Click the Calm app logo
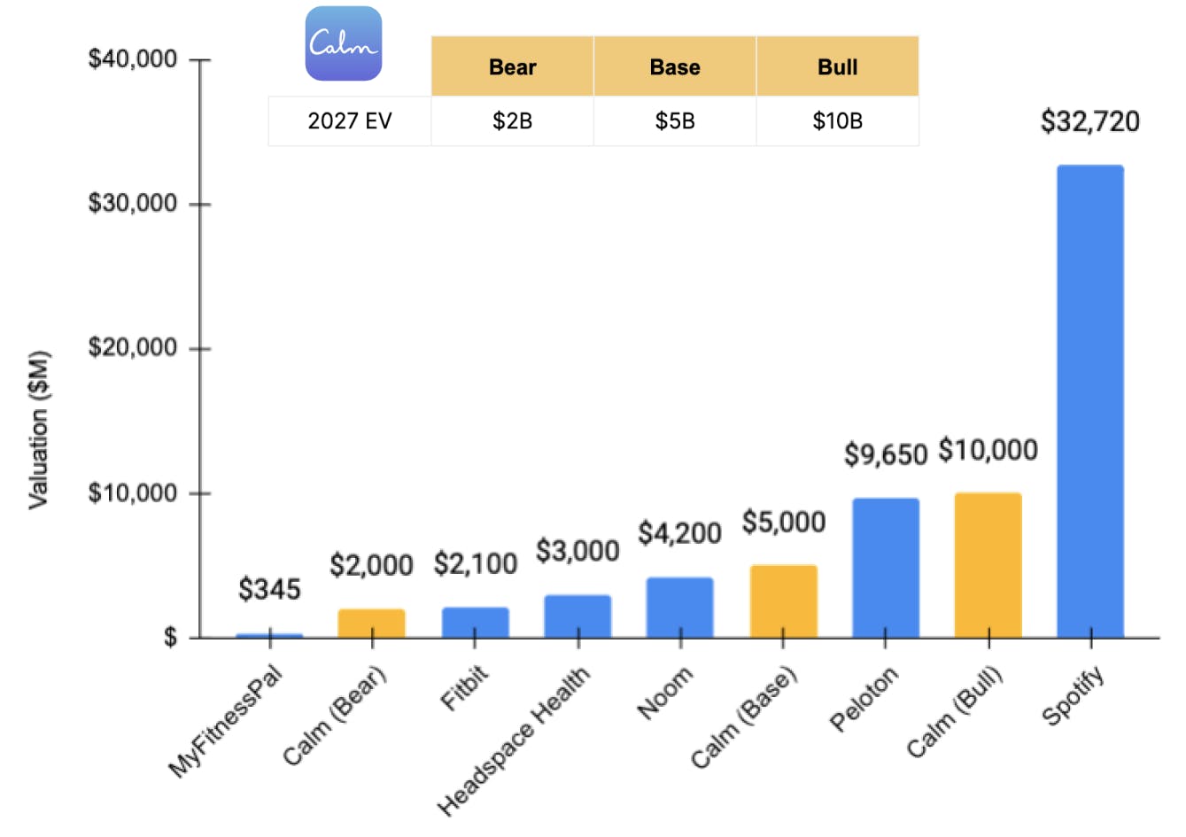[x=344, y=43]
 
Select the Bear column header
[x=512, y=66]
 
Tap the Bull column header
[x=837, y=66]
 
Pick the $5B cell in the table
[x=674, y=121]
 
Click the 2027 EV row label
[x=349, y=121]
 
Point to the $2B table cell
[x=512, y=121]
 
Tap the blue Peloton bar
[x=886, y=568]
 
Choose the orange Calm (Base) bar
[x=783, y=601]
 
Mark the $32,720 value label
[x=1089, y=121]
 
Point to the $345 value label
[x=269, y=589]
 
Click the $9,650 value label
[x=885, y=454]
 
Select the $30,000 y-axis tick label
[x=133, y=203]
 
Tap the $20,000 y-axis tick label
[x=133, y=347]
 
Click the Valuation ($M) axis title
[x=38, y=430]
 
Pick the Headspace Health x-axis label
[x=515, y=740]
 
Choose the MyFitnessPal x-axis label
[x=226, y=721]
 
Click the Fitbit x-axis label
[x=464, y=689]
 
